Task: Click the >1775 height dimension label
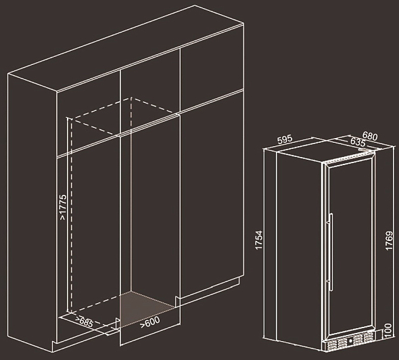(x=63, y=207)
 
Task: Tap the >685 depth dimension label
(x=85, y=321)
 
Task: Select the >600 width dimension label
(x=150, y=322)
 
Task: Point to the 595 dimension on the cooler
(x=285, y=139)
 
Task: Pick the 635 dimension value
(x=358, y=142)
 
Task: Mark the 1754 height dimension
(x=259, y=240)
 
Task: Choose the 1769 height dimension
(x=389, y=241)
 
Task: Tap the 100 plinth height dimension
(x=388, y=330)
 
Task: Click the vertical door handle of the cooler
(x=331, y=252)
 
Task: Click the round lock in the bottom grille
(x=350, y=340)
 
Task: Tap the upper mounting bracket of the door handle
(x=329, y=222)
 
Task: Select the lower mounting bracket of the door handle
(x=329, y=281)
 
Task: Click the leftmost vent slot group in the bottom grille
(x=332, y=345)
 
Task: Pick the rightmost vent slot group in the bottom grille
(x=368, y=337)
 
